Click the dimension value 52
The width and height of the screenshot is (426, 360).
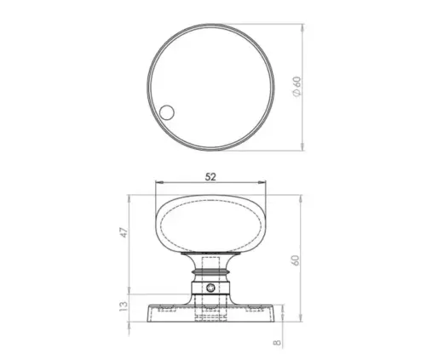click(210, 177)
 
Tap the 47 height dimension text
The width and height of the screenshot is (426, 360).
click(124, 232)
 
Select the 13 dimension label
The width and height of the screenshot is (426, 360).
click(124, 306)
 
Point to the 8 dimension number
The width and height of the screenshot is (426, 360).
click(277, 342)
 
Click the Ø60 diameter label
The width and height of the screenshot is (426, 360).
click(296, 87)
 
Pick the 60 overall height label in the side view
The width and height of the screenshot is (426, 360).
click(296, 260)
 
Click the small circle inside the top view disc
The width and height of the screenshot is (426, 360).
click(167, 112)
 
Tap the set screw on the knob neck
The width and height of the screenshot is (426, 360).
click(210, 288)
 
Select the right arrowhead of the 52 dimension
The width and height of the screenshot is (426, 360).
click(262, 182)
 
